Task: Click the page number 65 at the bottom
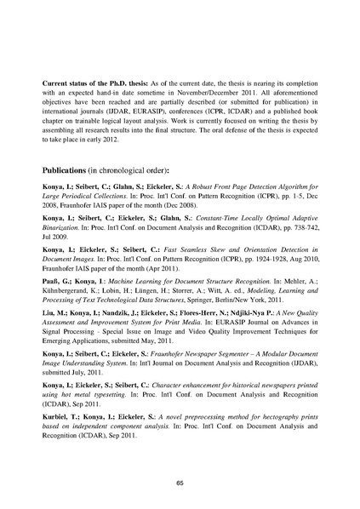click(180, 483)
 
